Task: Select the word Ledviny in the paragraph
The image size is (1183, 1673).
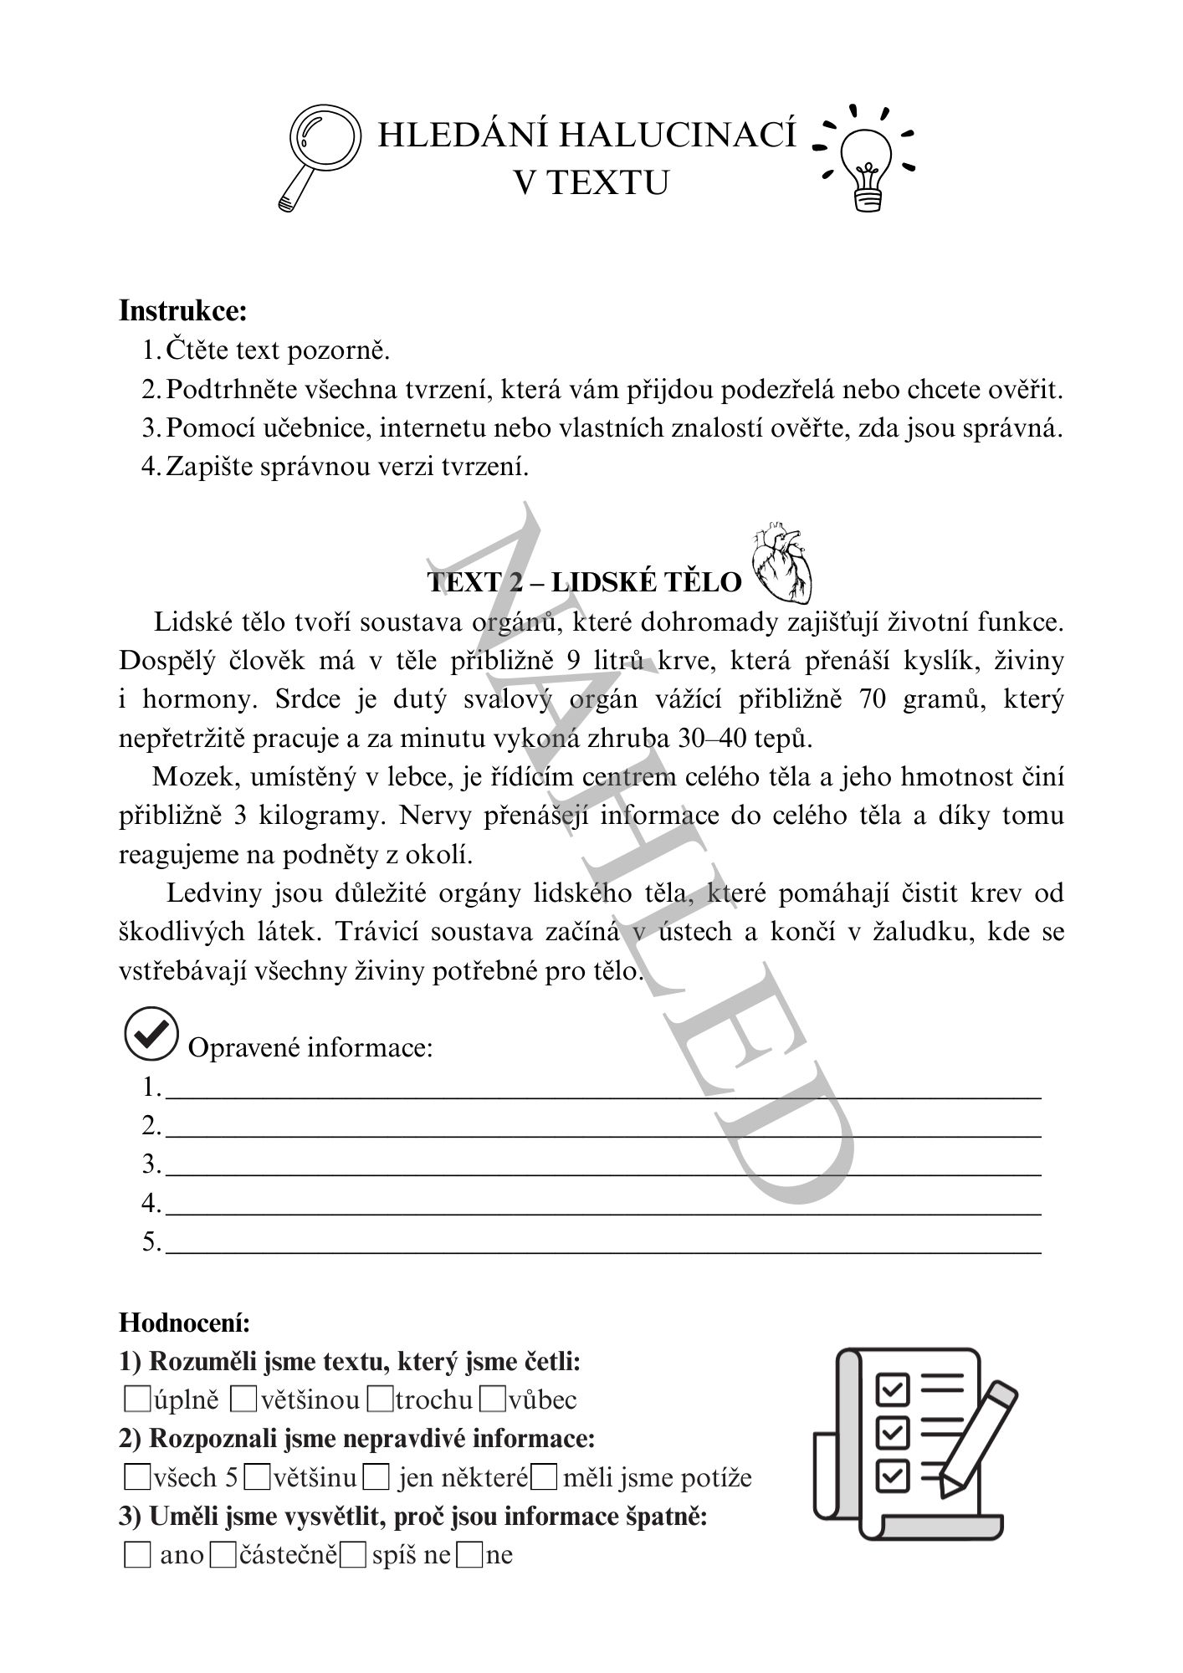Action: [x=213, y=893]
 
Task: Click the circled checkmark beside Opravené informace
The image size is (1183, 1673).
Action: [x=151, y=1035]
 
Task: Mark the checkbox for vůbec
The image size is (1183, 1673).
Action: [x=494, y=1398]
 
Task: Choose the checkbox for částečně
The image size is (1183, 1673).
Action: [x=223, y=1555]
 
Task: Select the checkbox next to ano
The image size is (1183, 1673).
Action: [x=136, y=1555]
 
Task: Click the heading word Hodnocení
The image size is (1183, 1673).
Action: [x=185, y=1323]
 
